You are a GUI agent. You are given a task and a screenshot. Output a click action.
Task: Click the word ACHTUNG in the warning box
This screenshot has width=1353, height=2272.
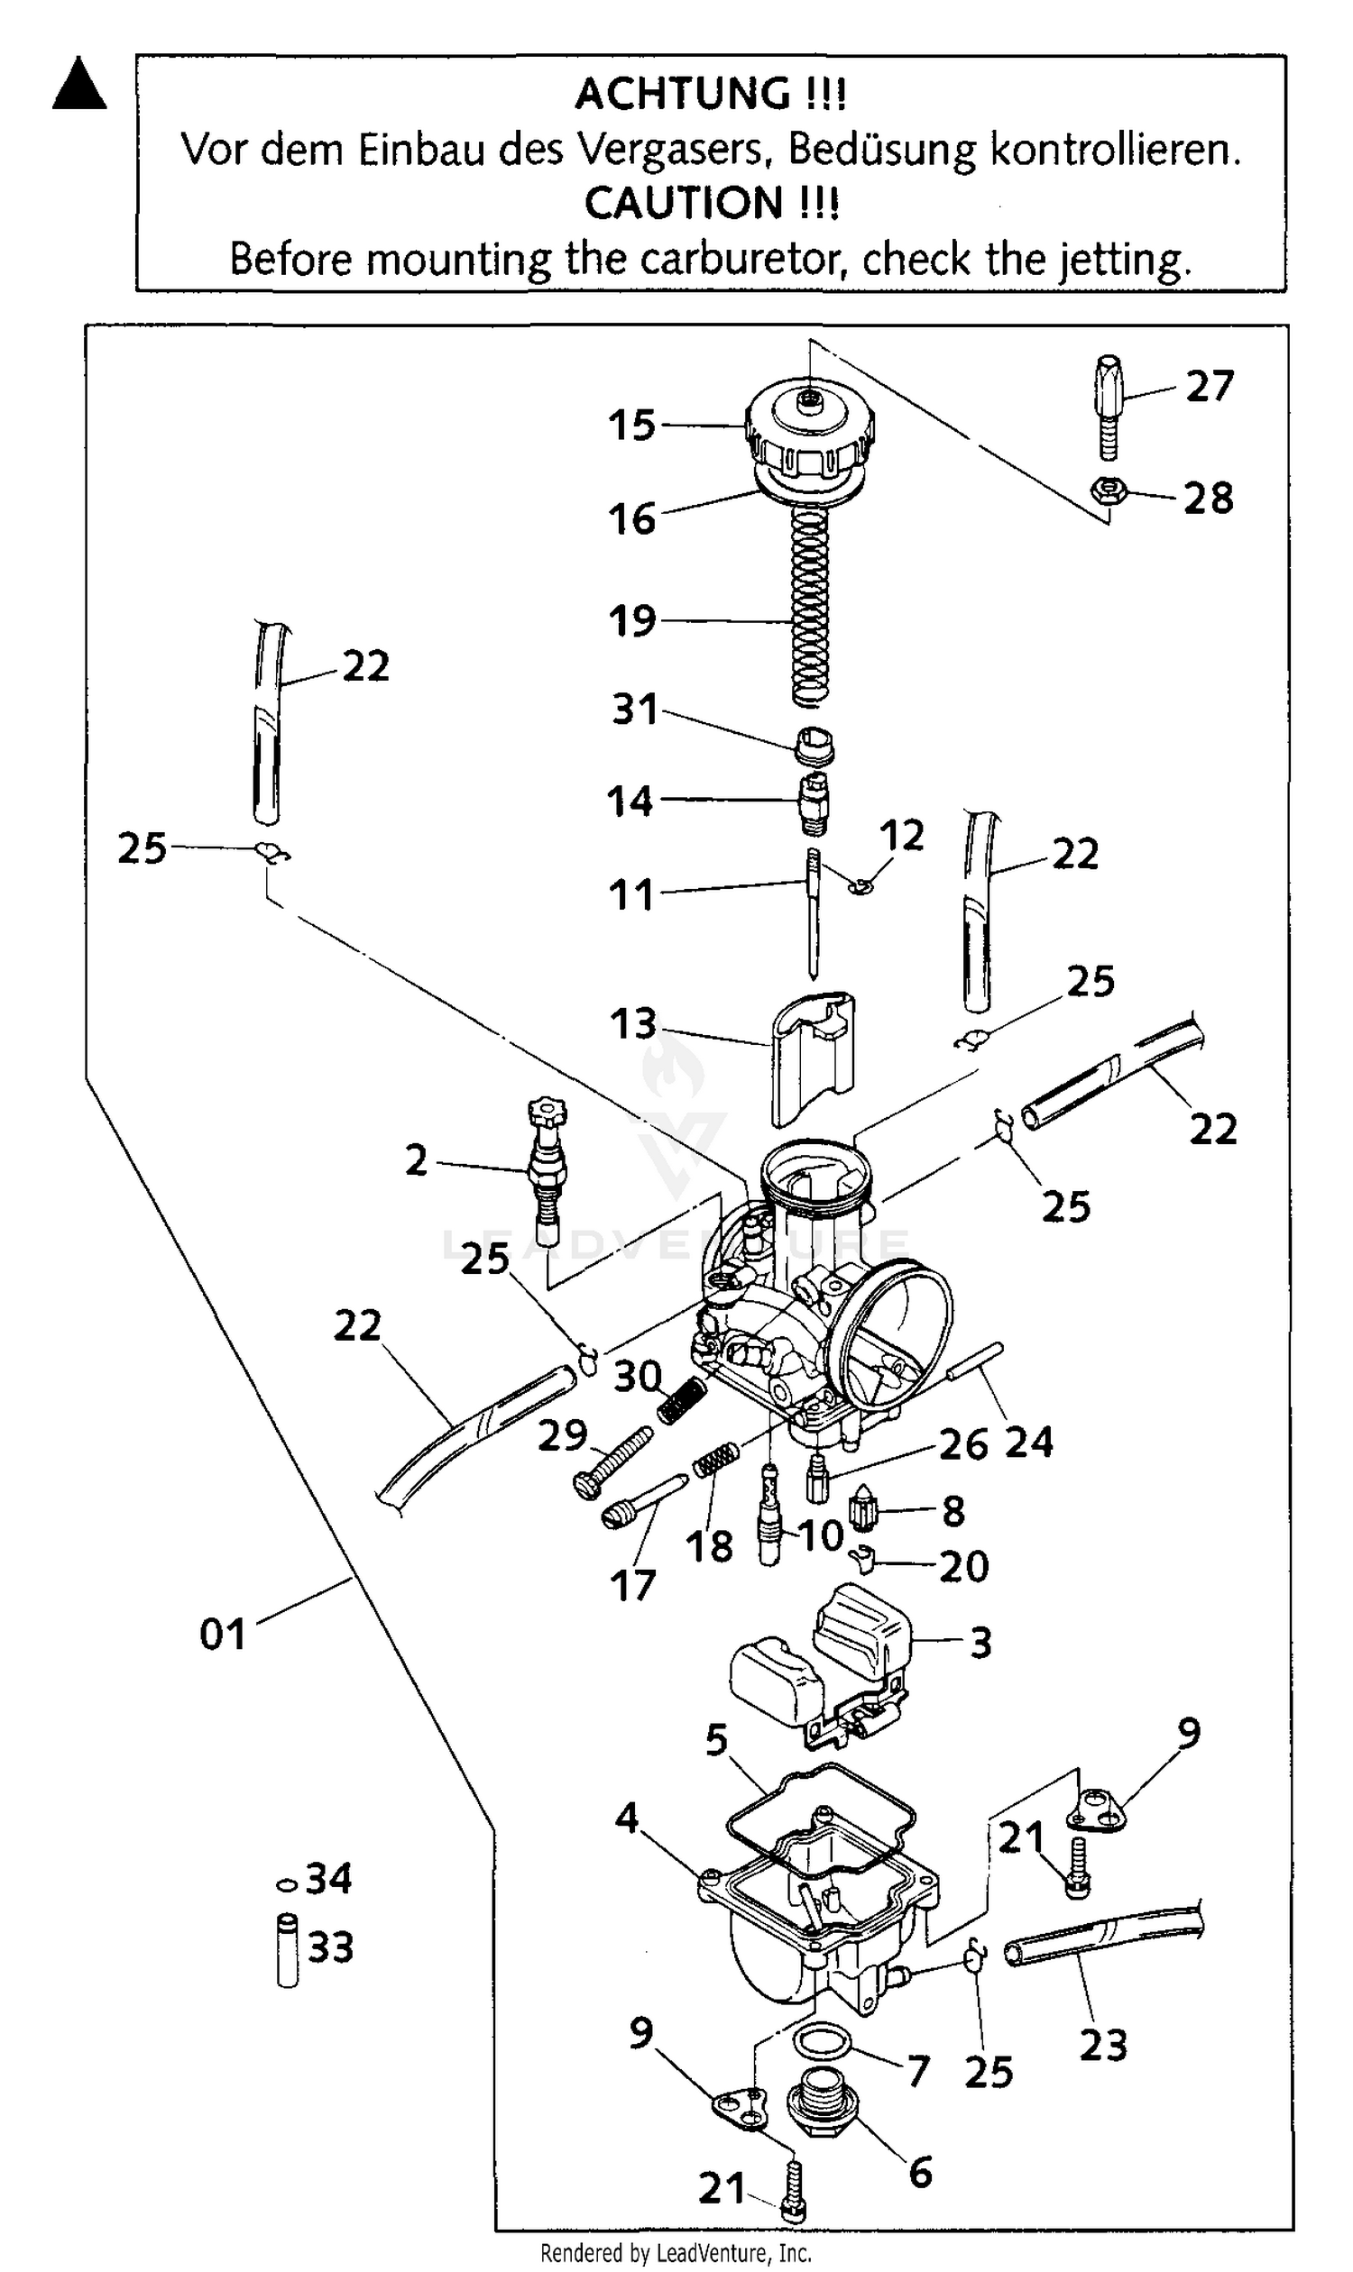(684, 95)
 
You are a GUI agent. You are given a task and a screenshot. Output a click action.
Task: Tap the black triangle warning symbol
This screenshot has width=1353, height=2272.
(79, 86)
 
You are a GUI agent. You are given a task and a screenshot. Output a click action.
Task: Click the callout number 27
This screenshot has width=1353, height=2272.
(1209, 387)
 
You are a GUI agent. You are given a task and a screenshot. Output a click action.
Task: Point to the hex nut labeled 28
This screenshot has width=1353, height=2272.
(1108, 492)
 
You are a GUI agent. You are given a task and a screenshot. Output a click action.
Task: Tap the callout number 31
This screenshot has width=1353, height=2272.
(635, 709)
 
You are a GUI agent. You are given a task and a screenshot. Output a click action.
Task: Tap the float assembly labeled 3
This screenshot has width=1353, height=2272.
(821, 1672)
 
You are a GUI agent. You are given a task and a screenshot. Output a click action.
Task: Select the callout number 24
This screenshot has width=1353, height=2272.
(1029, 1443)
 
